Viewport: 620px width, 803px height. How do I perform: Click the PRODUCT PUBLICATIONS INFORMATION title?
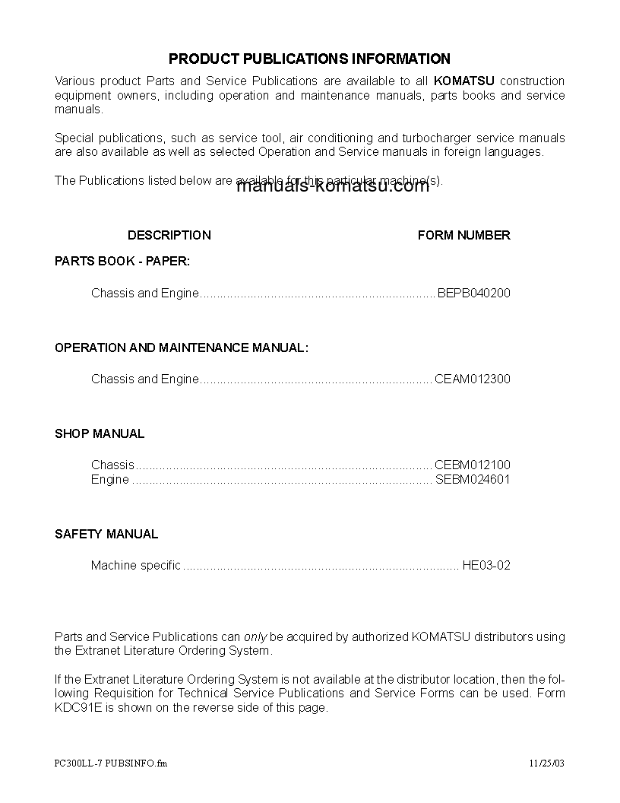[309, 59]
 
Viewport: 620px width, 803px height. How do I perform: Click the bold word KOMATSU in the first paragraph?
[463, 81]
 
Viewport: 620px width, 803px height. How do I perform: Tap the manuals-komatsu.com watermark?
[333, 187]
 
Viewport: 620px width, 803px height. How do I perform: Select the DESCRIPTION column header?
[169, 235]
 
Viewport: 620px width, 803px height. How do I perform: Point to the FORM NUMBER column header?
[463, 235]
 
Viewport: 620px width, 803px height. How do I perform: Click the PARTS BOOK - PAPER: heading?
[122, 261]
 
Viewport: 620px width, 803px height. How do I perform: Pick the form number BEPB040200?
[474, 293]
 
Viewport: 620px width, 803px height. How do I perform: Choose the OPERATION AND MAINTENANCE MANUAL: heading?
[182, 348]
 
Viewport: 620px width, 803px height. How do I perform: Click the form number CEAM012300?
[473, 379]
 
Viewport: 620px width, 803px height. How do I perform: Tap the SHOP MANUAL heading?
[100, 433]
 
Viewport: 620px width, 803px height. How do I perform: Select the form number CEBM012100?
[473, 465]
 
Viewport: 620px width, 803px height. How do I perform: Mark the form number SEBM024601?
[473, 479]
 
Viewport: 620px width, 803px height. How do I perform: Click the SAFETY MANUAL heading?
[106, 534]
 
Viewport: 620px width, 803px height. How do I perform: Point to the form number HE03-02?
[486, 565]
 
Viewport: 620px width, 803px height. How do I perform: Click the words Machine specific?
[136, 565]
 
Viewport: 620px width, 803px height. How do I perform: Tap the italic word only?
[255, 636]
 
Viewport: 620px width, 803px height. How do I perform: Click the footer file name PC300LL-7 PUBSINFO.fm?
[111, 763]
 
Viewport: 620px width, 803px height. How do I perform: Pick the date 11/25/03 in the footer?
[547, 763]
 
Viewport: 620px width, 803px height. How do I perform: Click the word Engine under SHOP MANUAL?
[110, 479]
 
